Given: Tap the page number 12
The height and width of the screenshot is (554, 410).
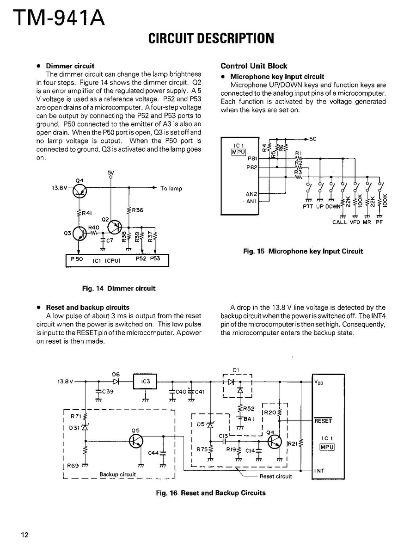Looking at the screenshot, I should pos(24,535).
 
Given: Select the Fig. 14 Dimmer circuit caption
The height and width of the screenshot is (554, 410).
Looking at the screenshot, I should pos(119,288).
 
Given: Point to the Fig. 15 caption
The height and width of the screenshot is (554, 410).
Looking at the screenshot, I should pos(303,251).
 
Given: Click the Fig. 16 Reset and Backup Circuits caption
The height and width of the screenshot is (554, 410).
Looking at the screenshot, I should pos(211,492).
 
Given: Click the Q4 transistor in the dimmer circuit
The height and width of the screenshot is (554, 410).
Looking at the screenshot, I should pos(79,189).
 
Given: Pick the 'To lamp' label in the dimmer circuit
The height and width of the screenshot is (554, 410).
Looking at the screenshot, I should pos(171,189).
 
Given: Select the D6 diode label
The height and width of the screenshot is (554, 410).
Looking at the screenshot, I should pos(116,374).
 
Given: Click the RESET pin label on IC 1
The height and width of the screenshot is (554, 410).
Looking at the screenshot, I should pos(323,421).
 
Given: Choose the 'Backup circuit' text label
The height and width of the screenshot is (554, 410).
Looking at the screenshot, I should pos(118,474).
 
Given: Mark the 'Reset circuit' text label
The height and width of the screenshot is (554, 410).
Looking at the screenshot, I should pos(276,476).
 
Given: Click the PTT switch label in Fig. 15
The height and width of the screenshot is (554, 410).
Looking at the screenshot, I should pos(308,207).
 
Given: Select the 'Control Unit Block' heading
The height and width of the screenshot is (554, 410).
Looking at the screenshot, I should pos(254,66).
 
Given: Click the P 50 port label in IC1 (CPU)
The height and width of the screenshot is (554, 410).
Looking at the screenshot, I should pos(77,259).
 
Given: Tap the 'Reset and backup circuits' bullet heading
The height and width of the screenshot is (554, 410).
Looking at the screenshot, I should pos(87,307).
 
